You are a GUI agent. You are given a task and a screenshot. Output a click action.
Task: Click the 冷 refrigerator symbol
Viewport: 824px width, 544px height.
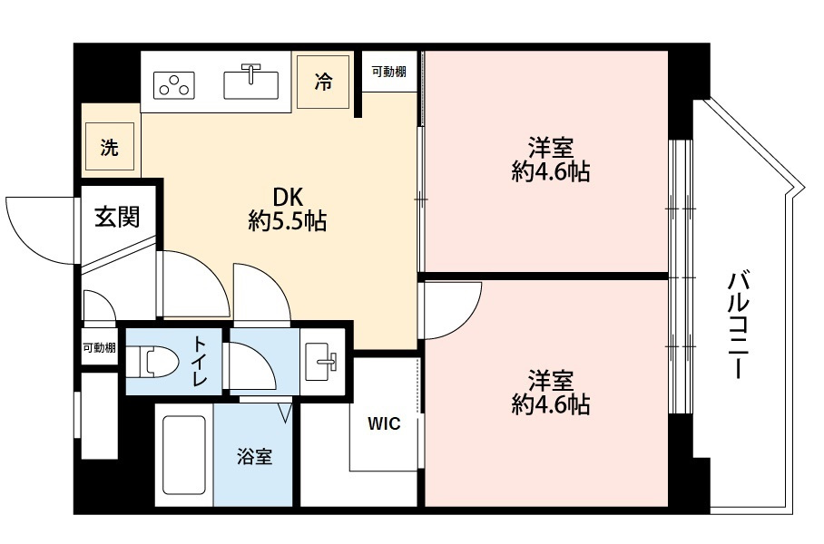pos(323,82)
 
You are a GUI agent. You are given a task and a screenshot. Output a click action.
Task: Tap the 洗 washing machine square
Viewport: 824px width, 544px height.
pos(110,147)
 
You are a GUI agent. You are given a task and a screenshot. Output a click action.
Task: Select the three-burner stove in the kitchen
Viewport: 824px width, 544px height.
pos(174,85)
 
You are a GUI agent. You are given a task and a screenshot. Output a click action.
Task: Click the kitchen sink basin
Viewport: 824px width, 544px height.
pos(251,85)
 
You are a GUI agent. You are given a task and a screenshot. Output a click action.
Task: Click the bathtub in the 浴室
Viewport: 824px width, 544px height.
pos(184,455)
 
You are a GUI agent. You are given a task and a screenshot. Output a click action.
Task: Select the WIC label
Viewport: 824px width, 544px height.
pos(384,423)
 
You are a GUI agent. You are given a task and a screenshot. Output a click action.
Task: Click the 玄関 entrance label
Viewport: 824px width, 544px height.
pos(118,217)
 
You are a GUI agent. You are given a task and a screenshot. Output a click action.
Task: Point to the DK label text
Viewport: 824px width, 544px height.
pos(288,198)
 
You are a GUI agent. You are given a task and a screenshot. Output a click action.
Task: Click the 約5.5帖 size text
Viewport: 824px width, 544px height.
pos(288,221)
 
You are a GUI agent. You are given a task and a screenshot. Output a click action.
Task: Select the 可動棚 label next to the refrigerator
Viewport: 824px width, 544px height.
pos(389,72)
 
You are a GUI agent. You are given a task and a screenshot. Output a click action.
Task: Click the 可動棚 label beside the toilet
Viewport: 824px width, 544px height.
pos(99,347)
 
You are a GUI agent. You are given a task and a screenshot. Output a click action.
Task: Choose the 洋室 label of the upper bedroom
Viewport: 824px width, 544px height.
pos(551,148)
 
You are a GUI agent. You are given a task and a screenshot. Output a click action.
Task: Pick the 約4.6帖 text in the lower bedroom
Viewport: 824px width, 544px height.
pos(551,404)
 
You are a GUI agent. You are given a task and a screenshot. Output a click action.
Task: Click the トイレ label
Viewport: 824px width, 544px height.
pos(199,361)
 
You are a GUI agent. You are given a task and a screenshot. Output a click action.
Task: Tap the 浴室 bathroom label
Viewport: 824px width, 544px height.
pos(254,456)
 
